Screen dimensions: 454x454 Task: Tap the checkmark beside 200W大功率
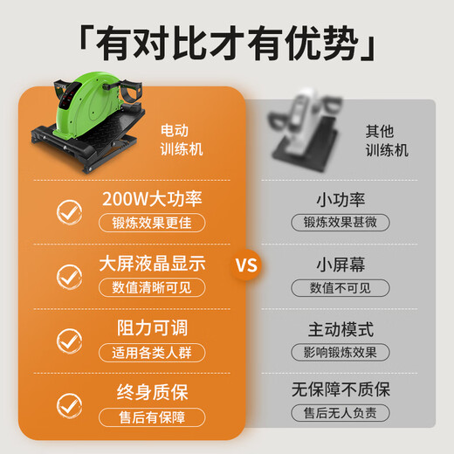(69, 210)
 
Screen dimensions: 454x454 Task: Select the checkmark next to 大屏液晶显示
(69, 276)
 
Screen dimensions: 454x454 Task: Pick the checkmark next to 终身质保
(69, 404)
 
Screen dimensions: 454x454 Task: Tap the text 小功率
(340, 199)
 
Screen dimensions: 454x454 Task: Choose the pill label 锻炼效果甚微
(340, 223)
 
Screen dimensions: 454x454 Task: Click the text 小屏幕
(340, 264)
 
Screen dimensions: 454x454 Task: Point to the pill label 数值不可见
(340, 287)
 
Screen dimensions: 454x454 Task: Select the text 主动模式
(340, 329)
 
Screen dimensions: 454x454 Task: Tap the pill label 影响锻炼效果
(340, 353)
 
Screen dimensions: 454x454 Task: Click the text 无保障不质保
(340, 390)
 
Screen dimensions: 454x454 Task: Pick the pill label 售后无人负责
(340, 414)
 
